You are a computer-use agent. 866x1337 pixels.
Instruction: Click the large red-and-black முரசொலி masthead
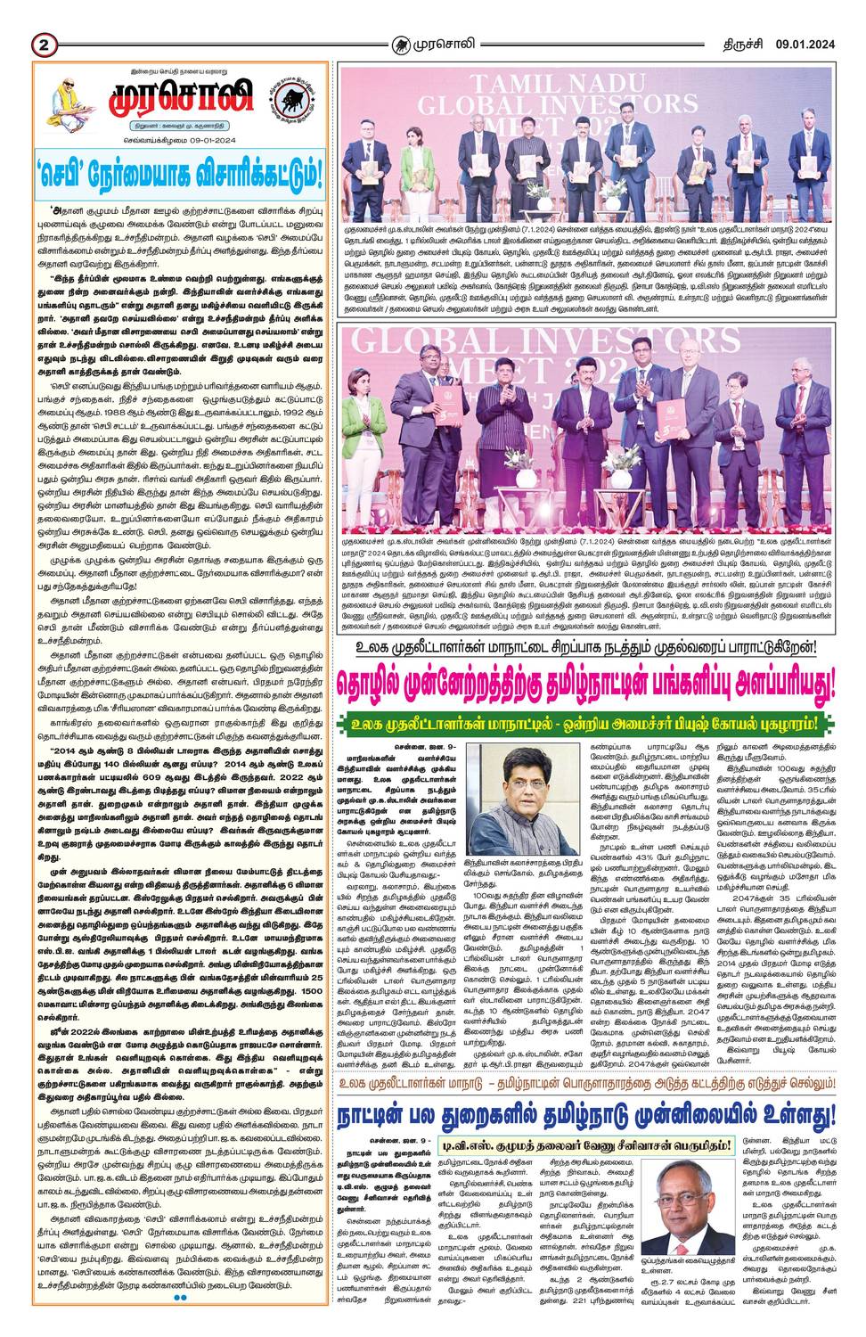tap(182, 97)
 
